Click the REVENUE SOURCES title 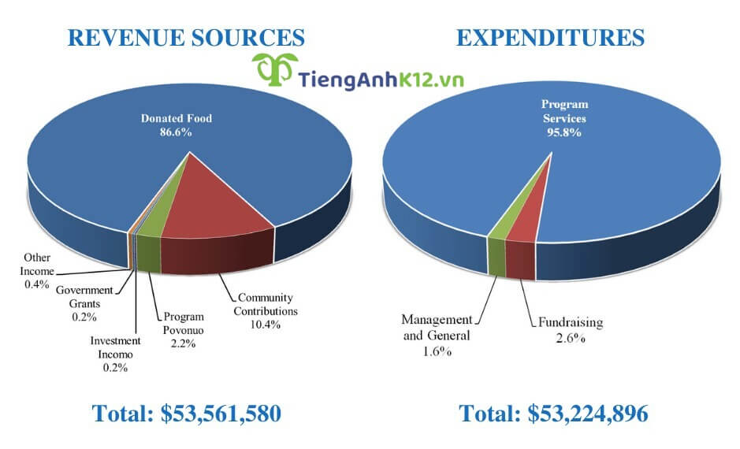185,37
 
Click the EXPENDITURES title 551,37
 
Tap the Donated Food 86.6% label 177,125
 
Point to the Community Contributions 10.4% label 266,311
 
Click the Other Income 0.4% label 37,270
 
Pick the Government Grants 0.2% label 84,303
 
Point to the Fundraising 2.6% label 571,329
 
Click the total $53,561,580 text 186,414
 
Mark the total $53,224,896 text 553,414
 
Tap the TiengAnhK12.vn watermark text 381,78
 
